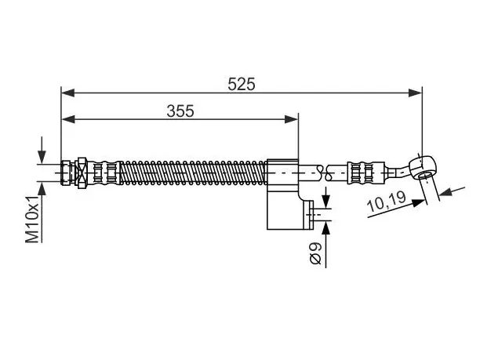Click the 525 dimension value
[x=242, y=84]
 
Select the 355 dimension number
[x=180, y=111]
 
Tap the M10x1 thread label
[x=32, y=219]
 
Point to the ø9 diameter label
[x=315, y=253]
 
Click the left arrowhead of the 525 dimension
[x=67, y=93]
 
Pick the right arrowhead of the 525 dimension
[x=416, y=93]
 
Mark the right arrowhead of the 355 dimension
[x=291, y=119]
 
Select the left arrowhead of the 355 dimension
[x=68, y=119]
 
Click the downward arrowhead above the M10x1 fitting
[x=42, y=158]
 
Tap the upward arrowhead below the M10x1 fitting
[x=42, y=188]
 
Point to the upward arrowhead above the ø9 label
[x=326, y=227]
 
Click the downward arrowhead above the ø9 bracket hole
[x=326, y=202]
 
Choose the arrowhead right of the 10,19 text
[x=419, y=203]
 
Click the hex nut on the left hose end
[x=82, y=173]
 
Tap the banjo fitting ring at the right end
[x=423, y=167]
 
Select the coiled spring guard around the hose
[x=193, y=173]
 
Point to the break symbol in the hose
[x=324, y=173]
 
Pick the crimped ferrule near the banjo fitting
[x=365, y=173]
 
